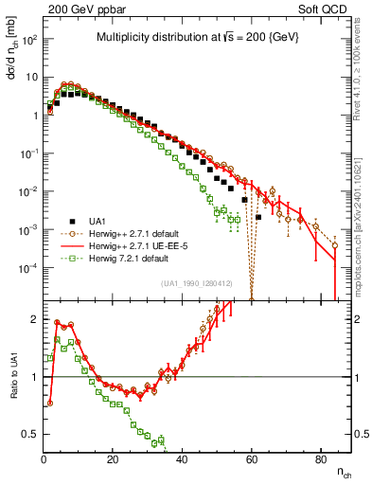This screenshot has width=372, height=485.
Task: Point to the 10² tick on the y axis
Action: tap(29, 40)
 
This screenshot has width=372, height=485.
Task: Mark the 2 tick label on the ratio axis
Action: tap(35, 320)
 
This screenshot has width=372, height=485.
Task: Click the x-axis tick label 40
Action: tap(182, 460)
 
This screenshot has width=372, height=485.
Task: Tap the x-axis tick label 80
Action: tap(320, 460)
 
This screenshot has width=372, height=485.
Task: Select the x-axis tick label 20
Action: tap(113, 460)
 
